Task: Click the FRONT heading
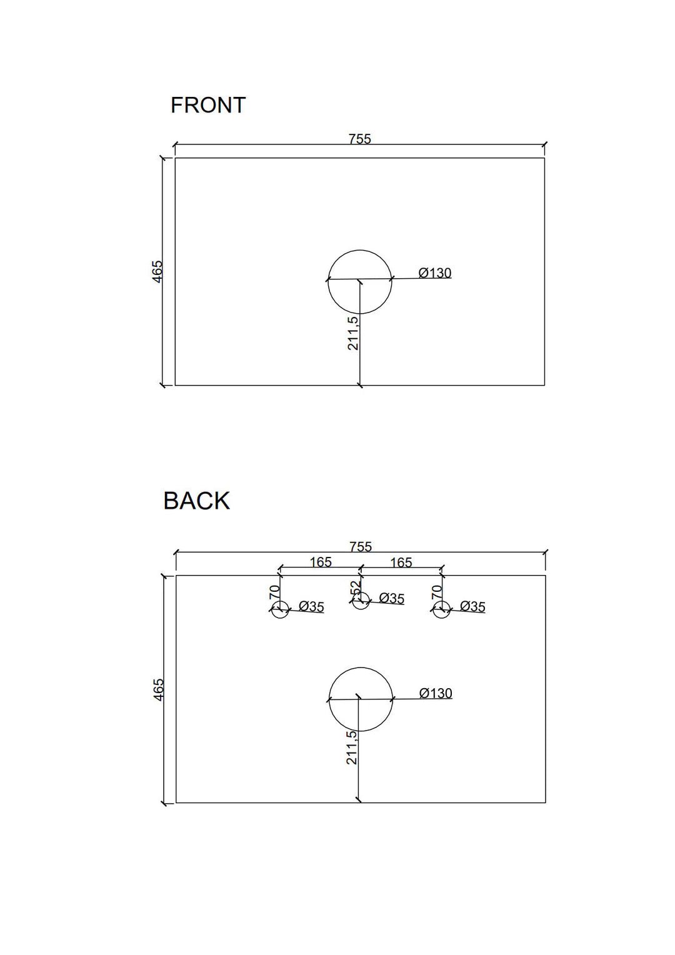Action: [208, 105]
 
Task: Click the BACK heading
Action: [197, 501]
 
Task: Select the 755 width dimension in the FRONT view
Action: [360, 139]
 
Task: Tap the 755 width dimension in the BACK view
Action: [361, 547]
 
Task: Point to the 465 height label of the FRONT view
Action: [157, 271]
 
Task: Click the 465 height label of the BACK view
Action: [157, 689]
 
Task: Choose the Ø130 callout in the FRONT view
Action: [434, 273]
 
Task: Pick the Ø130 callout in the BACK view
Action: [436, 693]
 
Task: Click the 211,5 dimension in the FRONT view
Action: [353, 332]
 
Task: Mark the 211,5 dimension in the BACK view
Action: [352, 747]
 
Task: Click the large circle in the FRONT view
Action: [360, 282]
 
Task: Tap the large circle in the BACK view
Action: [361, 699]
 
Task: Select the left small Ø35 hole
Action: [280, 609]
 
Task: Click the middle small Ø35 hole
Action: [361, 601]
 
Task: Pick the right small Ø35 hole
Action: [441, 609]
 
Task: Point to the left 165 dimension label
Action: [320, 562]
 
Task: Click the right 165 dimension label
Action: [401, 562]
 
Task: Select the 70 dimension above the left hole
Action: [274, 592]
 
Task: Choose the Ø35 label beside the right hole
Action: [472, 606]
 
